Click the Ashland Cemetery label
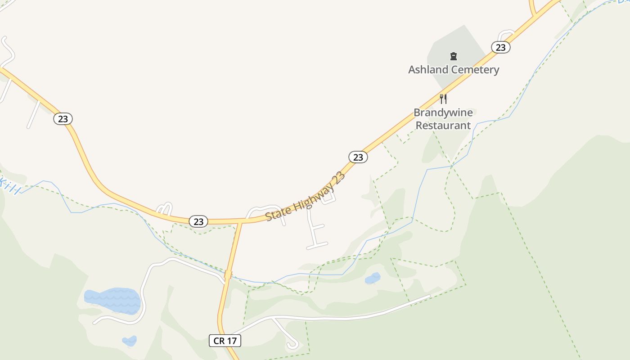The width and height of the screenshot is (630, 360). coord(454,70)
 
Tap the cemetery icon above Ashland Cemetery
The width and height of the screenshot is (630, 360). coord(454,56)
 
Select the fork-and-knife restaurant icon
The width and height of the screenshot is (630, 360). coord(443,99)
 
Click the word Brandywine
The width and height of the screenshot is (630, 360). coord(443,112)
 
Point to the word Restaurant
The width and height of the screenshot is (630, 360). coord(443,126)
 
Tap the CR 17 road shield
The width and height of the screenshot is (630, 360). coord(225,341)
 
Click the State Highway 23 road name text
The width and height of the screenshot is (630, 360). coord(305,196)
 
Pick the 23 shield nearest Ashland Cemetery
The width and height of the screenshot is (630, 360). coord(500,47)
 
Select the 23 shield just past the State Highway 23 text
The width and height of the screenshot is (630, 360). coord(358,157)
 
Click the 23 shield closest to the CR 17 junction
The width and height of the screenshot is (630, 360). coord(198,221)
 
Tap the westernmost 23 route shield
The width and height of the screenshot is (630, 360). coord(63,119)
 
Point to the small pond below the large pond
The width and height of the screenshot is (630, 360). coord(130,341)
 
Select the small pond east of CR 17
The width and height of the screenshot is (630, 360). coord(373,279)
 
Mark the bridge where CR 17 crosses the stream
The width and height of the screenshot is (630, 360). coord(228,274)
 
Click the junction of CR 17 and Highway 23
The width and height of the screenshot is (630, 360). coord(241,221)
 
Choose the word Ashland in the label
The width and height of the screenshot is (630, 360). coord(428,70)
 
